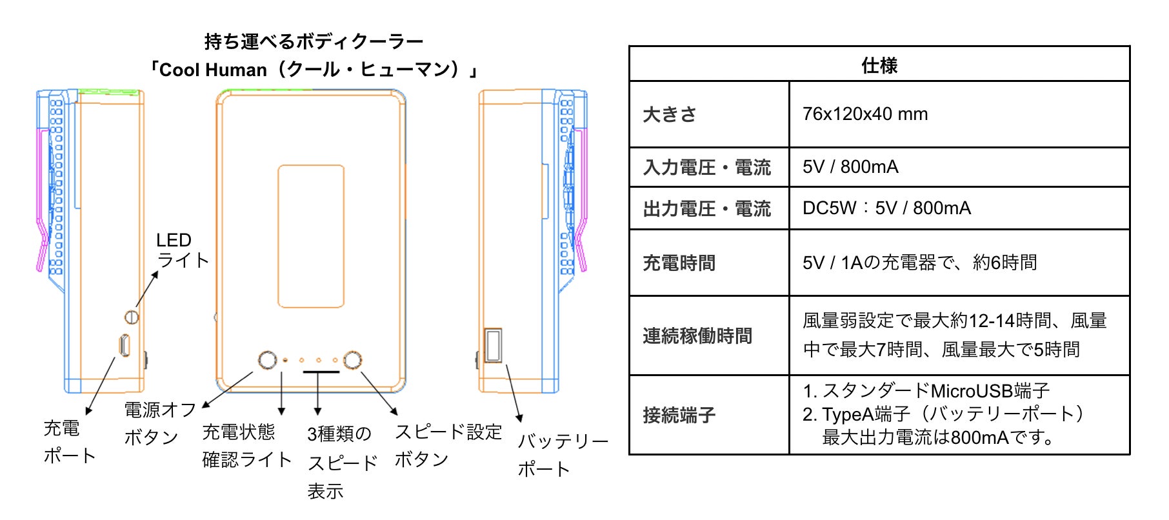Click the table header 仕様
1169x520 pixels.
point(879,65)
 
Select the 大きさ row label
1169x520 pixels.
point(670,114)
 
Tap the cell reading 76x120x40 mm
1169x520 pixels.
point(865,114)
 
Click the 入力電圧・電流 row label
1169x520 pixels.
point(707,168)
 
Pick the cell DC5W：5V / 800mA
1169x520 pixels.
point(886,208)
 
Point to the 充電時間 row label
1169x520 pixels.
point(679,263)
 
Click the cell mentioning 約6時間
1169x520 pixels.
point(920,263)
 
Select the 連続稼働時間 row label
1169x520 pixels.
point(697,335)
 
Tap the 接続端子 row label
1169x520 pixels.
point(679,415)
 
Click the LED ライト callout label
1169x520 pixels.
point(183,250)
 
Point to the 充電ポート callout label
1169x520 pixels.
point(70,441)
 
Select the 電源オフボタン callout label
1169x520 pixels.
point(160,423)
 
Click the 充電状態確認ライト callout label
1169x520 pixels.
point(247,445)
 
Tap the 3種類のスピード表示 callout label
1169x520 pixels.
point(343,463)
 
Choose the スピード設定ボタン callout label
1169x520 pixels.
point(448,445)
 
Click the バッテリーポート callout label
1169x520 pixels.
point(563,455)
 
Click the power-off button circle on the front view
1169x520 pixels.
point(267,359)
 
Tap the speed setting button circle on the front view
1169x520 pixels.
point(352,359)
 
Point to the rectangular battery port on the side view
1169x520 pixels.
point(493,345)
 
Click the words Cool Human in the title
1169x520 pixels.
point(213,70)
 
